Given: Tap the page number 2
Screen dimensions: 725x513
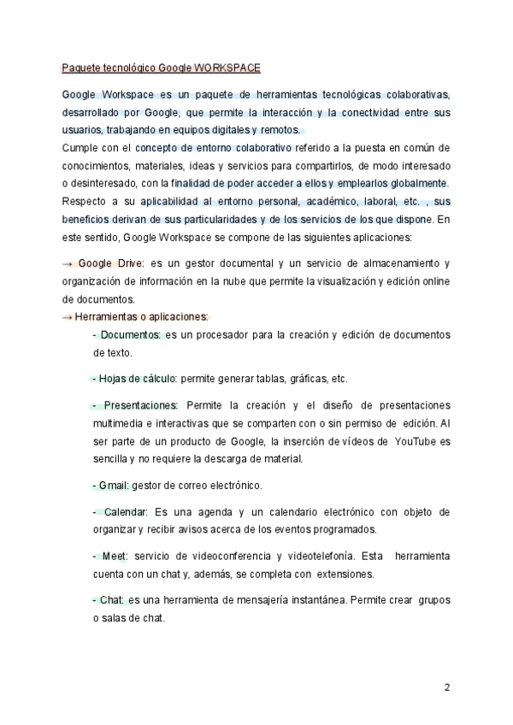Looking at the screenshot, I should click(x=446, y=687).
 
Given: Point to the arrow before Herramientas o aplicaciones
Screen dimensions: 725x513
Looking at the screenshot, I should click(x=68, y=316).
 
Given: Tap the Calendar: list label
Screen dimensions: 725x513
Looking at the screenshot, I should click(x=125, y=512).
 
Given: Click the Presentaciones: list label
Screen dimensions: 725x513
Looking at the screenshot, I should click(x=139, y=404).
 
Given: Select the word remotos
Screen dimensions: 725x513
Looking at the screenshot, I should click(x=280, y=130).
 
